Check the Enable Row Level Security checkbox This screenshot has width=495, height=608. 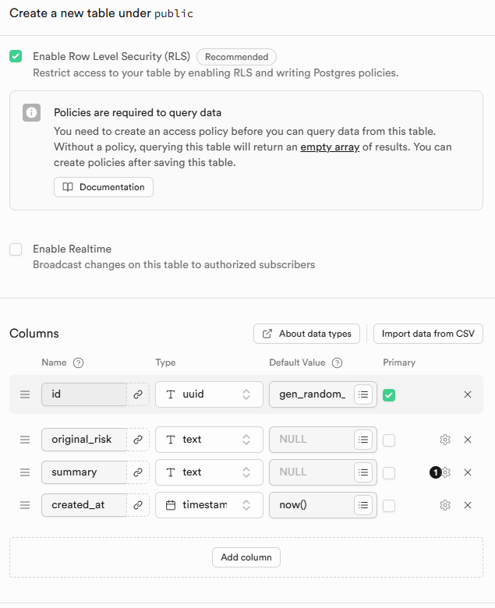[16, 56]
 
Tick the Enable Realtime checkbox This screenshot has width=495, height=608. [16, 249]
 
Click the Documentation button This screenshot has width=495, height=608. [104, 187]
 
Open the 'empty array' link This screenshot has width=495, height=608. [330, 147]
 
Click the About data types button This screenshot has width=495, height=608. [306, 334]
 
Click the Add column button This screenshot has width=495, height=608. [246, 557]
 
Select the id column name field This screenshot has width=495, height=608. [84, 394]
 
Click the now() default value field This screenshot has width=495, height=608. [312, 505]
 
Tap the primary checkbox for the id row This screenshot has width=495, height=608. [389, 395]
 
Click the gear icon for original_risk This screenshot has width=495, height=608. [445, 440]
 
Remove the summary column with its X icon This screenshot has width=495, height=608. [468, 472]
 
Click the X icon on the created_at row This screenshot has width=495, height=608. [468, 505]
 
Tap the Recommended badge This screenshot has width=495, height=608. [236, 57]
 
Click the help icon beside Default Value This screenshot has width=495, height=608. [338, 362]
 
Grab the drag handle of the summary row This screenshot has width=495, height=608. [25, 472]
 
